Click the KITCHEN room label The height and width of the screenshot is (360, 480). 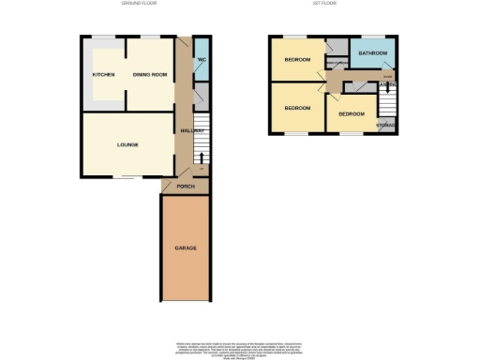coord(102,74)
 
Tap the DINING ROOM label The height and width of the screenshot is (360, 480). coord(149,74)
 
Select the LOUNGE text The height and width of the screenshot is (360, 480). coord(127,144)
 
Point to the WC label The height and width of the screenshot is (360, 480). coord(202,62)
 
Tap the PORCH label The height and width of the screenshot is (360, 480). coord(185,187)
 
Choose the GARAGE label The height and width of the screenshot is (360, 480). coord(185,248)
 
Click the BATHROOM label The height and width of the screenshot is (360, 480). coord(372,53)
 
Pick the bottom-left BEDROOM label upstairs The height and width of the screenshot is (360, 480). coord(298,108)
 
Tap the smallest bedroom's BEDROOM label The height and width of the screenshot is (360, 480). coord(352,114)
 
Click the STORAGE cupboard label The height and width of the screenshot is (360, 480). coord(385,125)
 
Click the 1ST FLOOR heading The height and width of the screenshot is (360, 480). coord(324,4)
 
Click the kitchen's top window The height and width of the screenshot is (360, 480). coord(103,37)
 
